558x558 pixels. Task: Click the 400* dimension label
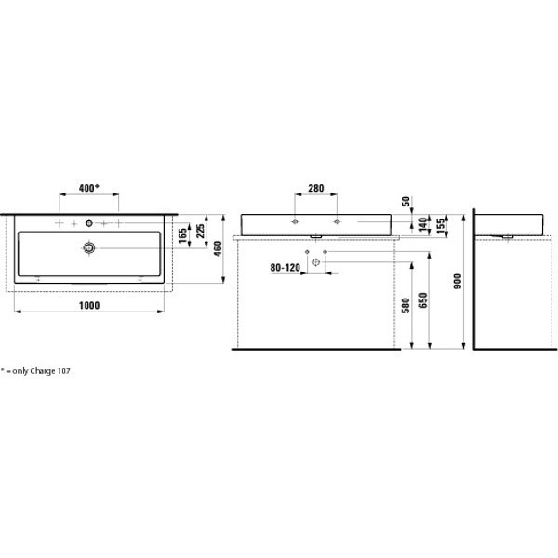coord(88,188)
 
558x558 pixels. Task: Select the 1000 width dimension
coord(89,305)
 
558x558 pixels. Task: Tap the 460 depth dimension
coord(218,248)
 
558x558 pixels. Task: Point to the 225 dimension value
coord(200,231)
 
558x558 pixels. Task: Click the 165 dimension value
coord(182,235)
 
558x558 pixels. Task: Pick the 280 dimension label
coord(315,188)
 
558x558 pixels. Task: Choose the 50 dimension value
coord(405,202)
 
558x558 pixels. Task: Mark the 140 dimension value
coord(422,225)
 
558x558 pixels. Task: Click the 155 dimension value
coord(440,226)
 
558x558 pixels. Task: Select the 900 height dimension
coord(458,281)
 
